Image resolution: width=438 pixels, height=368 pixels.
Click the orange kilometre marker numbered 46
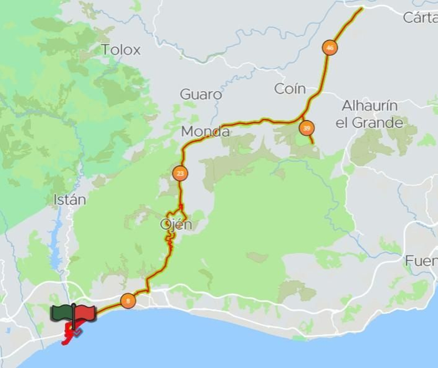pyautogui.click(x=330, y=48)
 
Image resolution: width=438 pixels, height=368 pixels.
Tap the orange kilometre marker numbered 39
pyautogui.click(x=307, y=128)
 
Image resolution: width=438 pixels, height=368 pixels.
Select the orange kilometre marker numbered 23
pyautogui.click(x=180, y=173)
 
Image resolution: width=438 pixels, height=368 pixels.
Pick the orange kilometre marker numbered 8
pyautogui.click(x=128, y=301)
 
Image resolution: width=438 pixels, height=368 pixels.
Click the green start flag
pyautogui.click(x=62, y=312)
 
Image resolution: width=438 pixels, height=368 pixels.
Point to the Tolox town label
pyautogui.click(x=121, y=50)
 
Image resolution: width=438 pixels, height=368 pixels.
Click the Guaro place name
pyautogui.click(x=201, y=94)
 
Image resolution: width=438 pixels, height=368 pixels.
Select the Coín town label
pyautogui.click(x=290, y=89)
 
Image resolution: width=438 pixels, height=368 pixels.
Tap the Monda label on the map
pyautogui.click(x=205, y=132)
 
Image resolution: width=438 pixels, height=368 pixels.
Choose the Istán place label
pyautogui.click(x=70, y=200)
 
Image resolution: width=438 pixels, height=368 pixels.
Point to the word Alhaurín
pyautogui.click(x=370, y=106)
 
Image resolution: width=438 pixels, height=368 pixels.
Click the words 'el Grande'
pyautogui.click(x=369, y=123)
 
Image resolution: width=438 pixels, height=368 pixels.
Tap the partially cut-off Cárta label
pyautogui.click(x=420, y=18)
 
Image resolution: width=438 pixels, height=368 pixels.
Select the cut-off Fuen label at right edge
pyautogui.click(x=421, y=261)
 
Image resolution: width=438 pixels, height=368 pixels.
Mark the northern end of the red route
pyautogui.click(x=362, y=9)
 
